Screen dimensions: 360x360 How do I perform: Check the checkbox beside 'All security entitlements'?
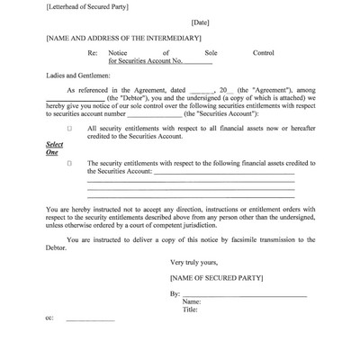(69, 129)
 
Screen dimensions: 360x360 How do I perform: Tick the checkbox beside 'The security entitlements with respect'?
(69, 164)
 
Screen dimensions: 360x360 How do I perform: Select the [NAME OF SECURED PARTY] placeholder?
(212, 279)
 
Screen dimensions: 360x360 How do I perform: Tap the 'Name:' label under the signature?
(192, 302)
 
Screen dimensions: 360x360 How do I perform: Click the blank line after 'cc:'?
(90, 320)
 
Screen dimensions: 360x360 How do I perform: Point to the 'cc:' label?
(49, 319)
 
